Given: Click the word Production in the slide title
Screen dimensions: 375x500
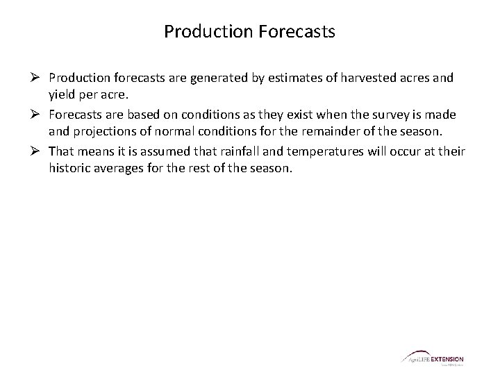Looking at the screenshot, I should point(201,32).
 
